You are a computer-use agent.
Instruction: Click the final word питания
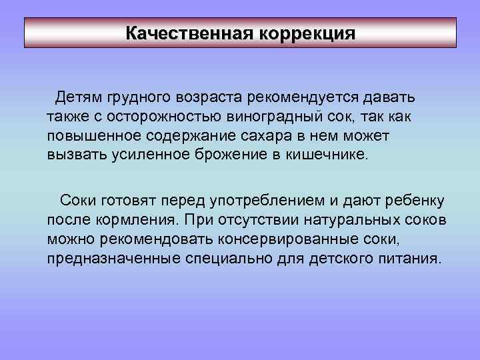(397, 257)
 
